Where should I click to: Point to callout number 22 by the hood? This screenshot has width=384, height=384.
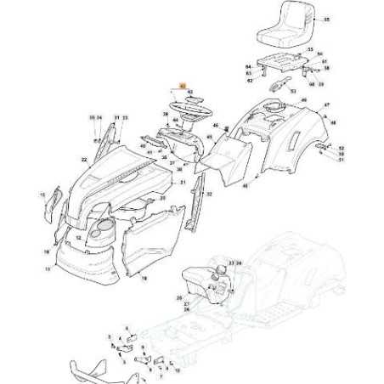[x=84, y=159]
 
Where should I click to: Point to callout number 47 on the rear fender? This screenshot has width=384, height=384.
[x=326, y=105]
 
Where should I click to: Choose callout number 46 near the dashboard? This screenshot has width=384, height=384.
[x=215, y=127]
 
